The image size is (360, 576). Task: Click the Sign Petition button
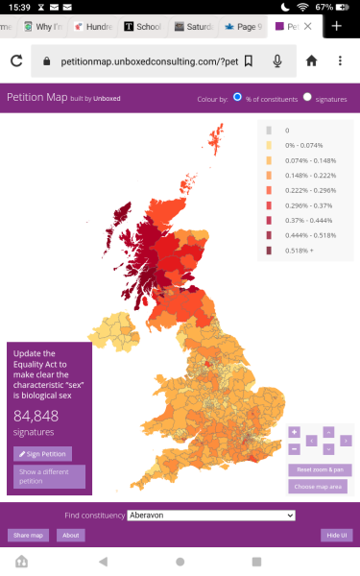click(42, 454)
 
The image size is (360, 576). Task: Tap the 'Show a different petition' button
click(49, 476)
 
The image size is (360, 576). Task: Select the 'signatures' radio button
click(308, 98)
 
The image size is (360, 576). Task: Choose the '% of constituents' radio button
click(237, 98)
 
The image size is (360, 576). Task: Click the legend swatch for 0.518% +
click(269, 251)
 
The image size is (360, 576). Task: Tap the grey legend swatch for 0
click(269, 130)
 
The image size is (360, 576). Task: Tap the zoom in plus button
click(294, 432)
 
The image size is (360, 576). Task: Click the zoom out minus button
click(294, 448)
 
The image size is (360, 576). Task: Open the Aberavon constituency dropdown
click(210, 516)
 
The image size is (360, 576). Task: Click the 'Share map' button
click(27, 535)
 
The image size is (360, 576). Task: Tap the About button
click(69, 535)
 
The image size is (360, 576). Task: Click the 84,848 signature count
click(36, 416)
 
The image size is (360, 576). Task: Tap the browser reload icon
click(16, 61)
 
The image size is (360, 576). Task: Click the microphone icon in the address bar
click(277, 61)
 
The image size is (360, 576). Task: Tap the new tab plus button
click(337, 26)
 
